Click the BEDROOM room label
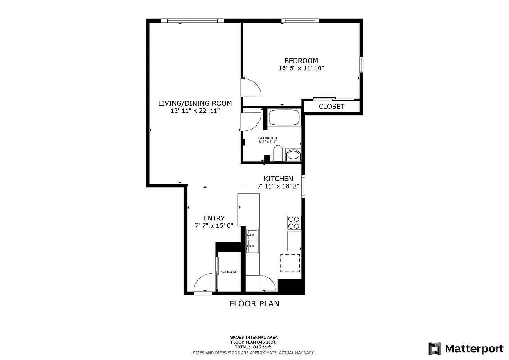[301, 61]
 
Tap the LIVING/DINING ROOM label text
[195, 103]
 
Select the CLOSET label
[331, 107]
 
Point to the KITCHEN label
[278, 179]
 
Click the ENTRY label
[214, 218]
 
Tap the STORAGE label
[229, 272]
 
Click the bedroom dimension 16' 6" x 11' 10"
[301, 69]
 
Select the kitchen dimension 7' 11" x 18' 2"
[278, 186]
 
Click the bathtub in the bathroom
[284, 119]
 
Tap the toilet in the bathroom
[278, 153]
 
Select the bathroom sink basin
[293, 155]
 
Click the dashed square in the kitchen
[290, 263]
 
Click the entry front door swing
[203, 283]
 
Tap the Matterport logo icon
[434, 349]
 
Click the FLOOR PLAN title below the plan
[254, 304]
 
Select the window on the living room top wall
[195, 20]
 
